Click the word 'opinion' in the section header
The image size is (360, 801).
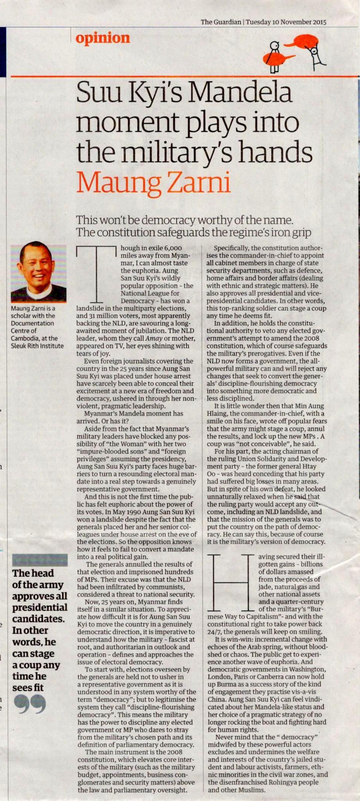[103, 38]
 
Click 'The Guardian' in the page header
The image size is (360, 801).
[221, 22]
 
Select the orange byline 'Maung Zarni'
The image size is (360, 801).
[154, 183]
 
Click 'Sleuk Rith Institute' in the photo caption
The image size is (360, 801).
[37, 346]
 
